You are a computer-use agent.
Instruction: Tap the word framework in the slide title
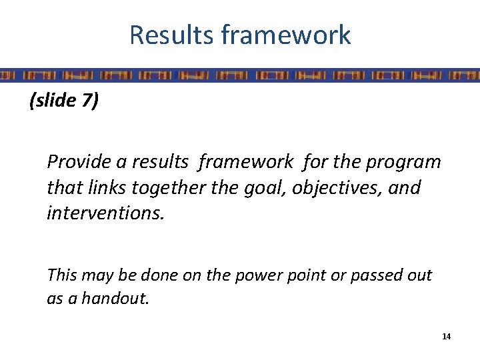tap(286, 35)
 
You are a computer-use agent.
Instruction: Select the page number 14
tap(446, 337)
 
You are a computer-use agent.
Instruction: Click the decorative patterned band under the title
tap(240, 74)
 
